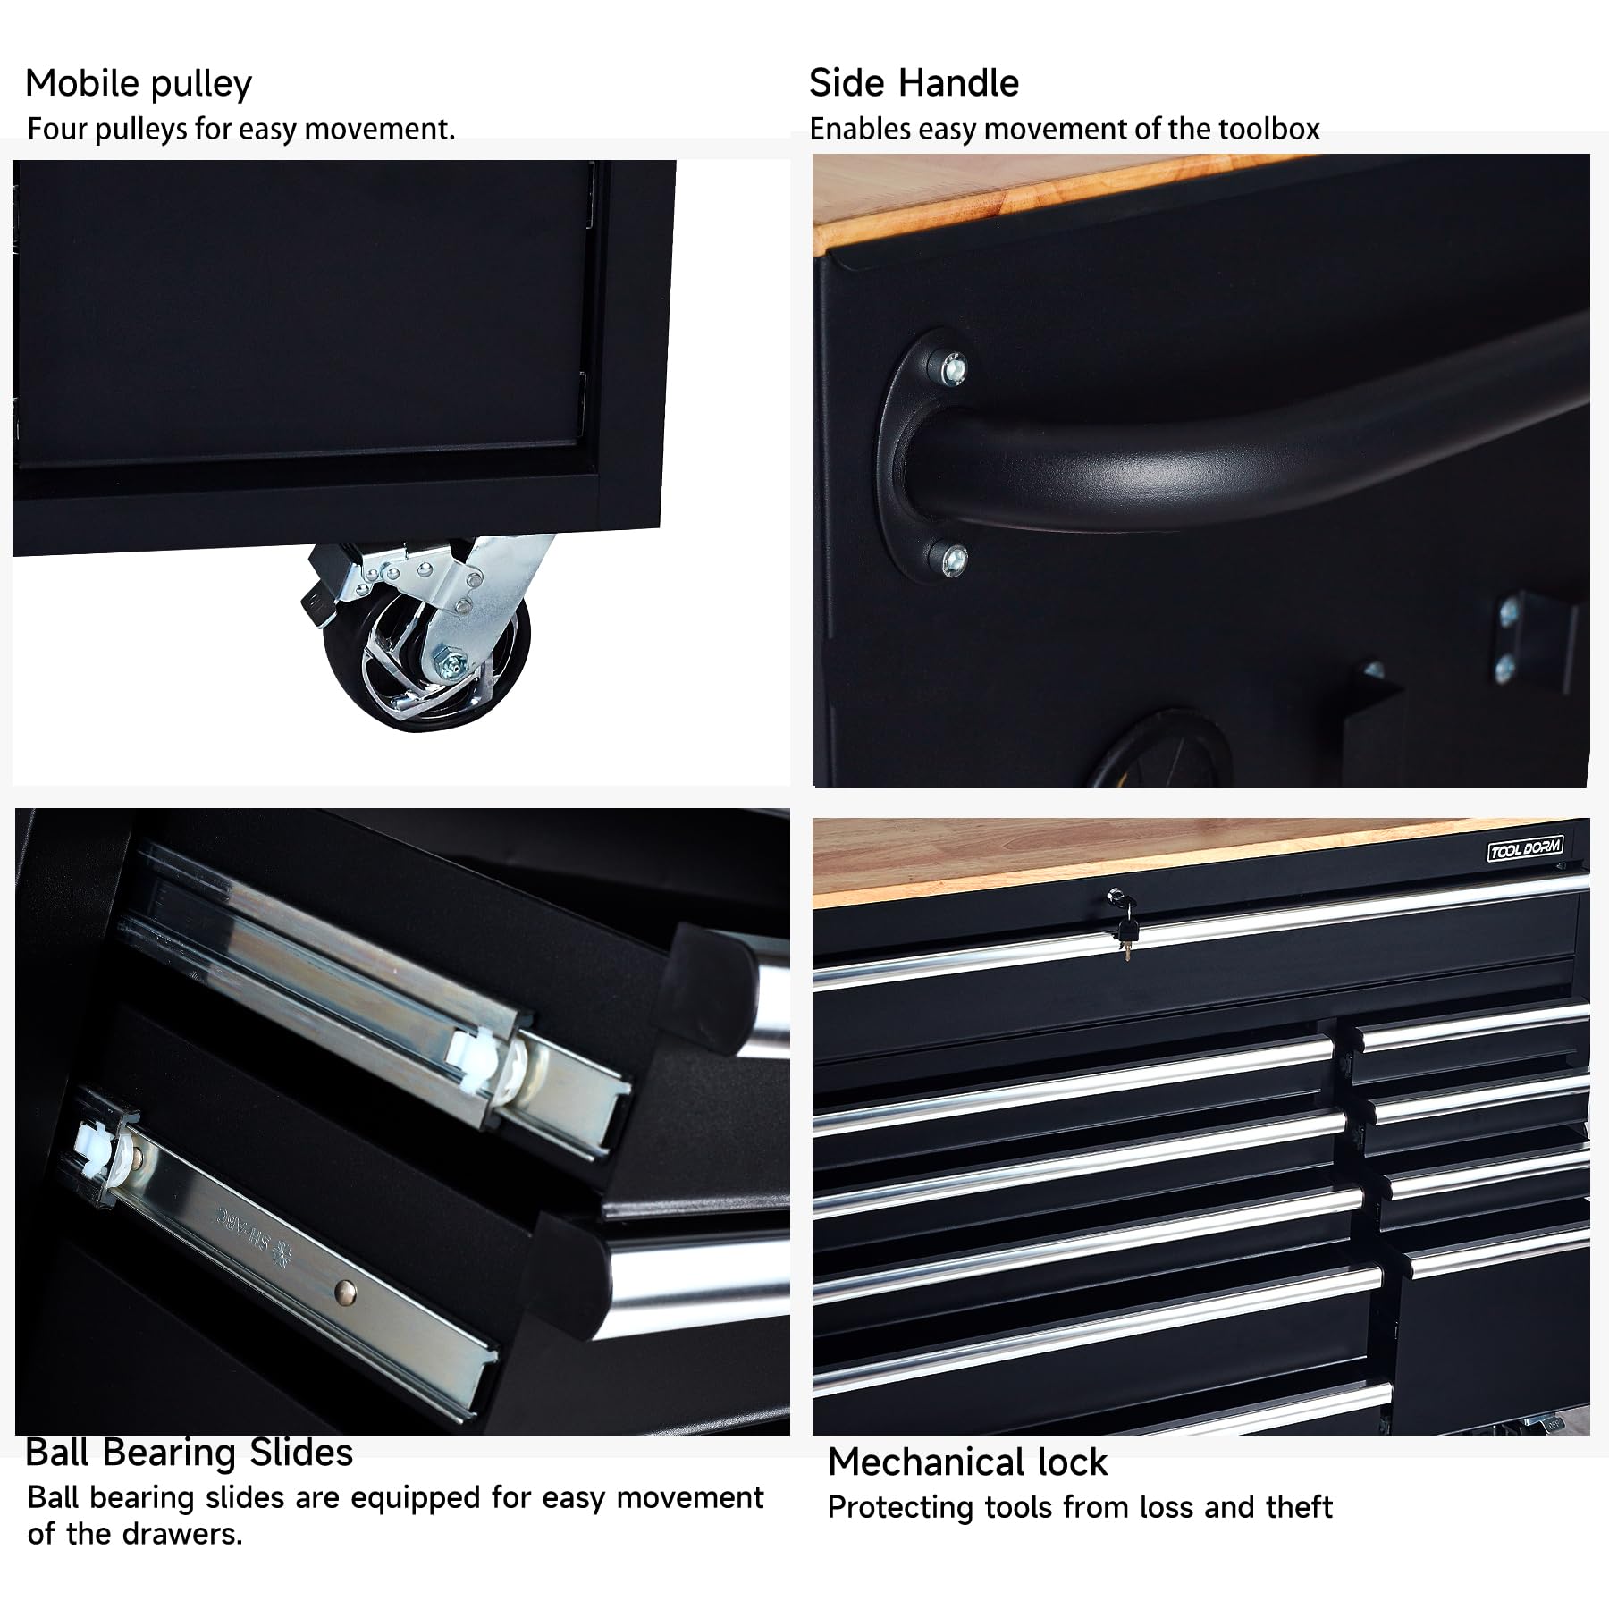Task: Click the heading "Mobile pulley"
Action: coord(139,84)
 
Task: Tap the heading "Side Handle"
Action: coord(914,83)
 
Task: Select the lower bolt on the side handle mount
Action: coord(954,559)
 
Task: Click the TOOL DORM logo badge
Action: coord(1525,847)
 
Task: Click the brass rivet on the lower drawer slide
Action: coord(346,1289)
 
